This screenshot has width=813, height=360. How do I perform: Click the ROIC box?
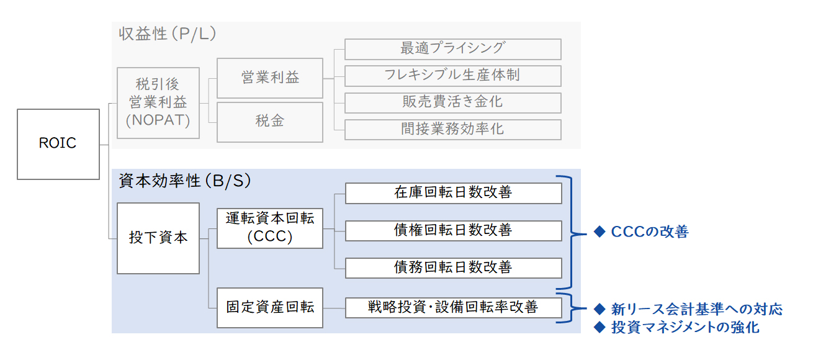tap(58, 144)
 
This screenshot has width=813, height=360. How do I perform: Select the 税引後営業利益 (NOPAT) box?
tap(158, 102)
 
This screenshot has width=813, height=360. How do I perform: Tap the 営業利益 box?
tap(270, 78)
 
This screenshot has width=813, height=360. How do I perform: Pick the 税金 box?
tap(270, 122)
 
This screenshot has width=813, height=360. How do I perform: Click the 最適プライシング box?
tap(452, 49)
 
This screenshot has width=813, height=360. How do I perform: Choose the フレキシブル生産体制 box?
tap(452, 76)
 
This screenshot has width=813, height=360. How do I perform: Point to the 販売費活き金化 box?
tap(452, 102)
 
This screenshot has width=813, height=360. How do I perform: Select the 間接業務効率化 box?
tap(452, 130)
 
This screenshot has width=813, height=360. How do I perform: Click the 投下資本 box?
tap(158, 238)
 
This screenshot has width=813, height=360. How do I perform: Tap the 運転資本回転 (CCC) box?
tap(270, 228)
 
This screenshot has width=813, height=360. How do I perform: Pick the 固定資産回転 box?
tap(270, 308)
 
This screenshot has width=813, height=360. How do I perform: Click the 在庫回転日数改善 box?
tap(453, 193)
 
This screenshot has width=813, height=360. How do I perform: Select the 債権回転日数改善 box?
tap(453, 231)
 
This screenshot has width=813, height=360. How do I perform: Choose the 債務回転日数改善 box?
tap(453, 268)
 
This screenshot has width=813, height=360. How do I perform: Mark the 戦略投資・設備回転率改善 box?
tap(453, 308)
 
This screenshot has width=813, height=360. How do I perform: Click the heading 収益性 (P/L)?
tap(168, 34)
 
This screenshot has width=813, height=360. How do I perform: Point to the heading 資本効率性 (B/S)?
tap(185, 181)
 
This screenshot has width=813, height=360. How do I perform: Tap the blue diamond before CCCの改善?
tap(600, 232)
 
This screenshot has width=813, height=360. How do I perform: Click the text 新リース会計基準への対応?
tap(696, 309)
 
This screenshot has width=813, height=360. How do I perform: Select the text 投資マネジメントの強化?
tap(685, 327)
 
